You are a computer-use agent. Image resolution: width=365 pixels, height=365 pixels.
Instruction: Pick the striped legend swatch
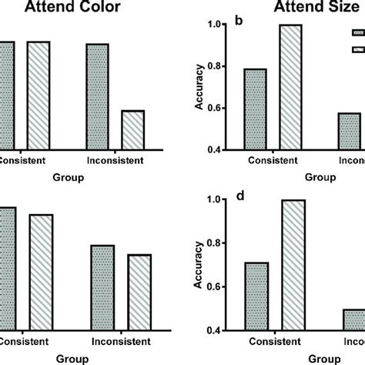click(x=358, y=49)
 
